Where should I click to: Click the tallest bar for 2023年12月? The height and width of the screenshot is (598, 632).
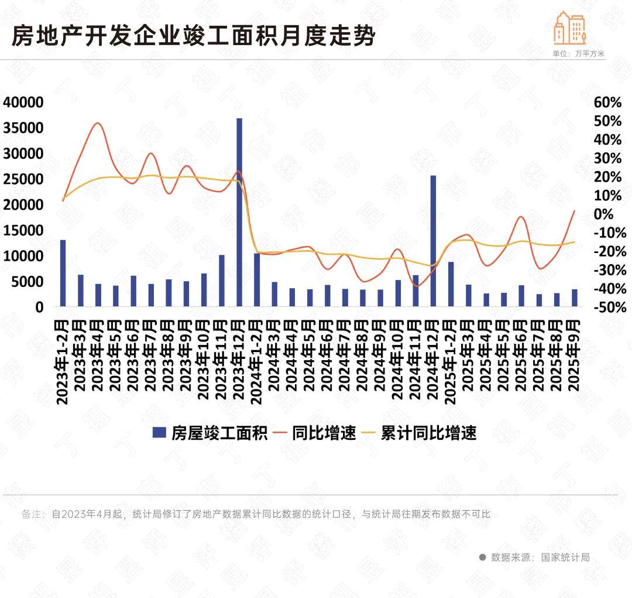click(x=239, y=211)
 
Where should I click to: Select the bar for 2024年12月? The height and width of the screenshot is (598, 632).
click(x=434, y=240)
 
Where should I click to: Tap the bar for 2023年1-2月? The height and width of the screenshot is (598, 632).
click(x=63, y=272)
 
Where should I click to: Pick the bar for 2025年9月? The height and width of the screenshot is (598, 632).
click(x=575, y=298)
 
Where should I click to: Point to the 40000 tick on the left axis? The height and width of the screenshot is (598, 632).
click(x=23, y=102)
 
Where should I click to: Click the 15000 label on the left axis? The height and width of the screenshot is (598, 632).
click(x=23, y=231)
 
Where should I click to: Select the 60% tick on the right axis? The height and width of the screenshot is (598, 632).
click(x=607, y=102)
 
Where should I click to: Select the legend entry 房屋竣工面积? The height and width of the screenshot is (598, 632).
click(x=219, y=433)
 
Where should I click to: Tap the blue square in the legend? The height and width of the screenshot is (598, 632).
click(x=159, y=433)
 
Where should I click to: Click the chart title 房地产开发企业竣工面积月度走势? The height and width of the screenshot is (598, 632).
click(x=193, y=36)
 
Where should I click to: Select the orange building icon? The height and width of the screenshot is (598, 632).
click(x=569, y=28)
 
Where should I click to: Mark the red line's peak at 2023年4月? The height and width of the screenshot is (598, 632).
click(x=98, y=123)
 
